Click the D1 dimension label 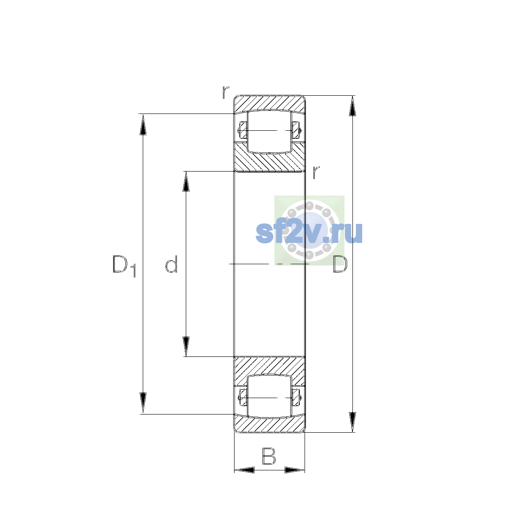coord(124,266)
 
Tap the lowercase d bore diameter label coord(171,264)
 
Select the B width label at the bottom coord(269,457)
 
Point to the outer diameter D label coord(340,264)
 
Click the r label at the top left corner coord(226,92)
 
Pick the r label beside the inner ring coord(316,172)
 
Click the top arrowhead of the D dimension coord(352,106)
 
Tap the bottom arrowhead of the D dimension coord(352,422)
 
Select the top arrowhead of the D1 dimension coord(143,124)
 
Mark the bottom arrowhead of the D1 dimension coord(143,404)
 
